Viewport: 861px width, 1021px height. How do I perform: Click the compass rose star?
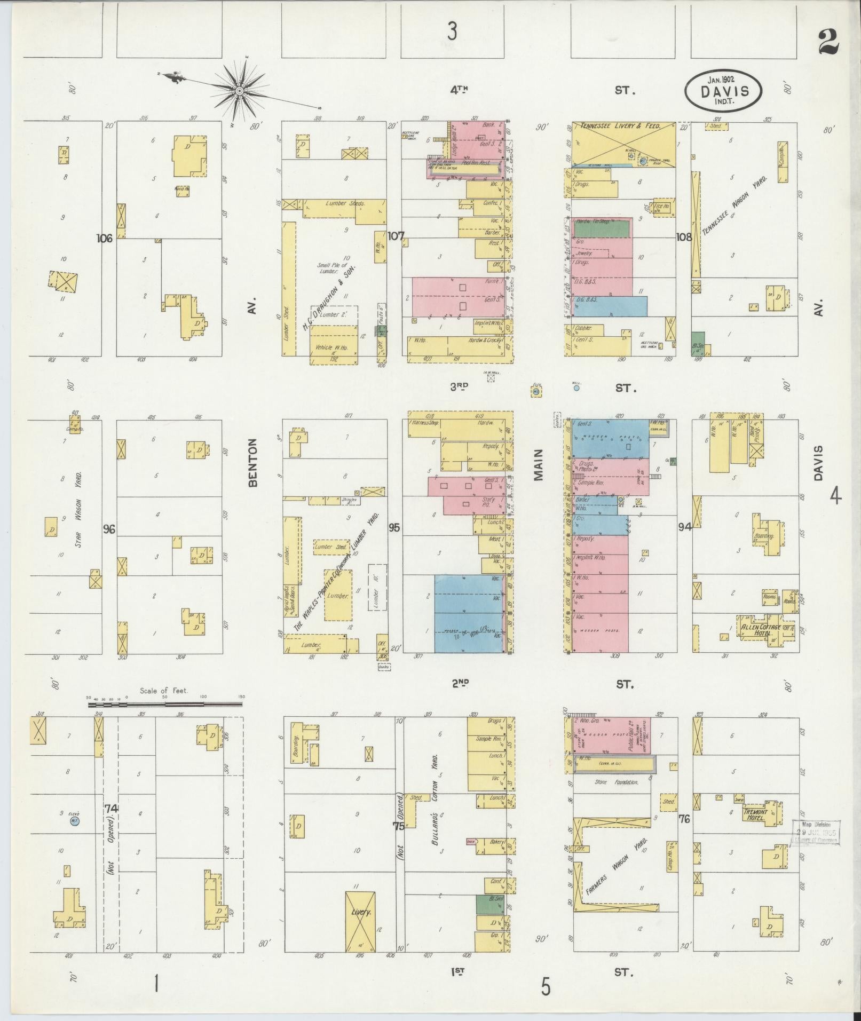click(x=240, y=91)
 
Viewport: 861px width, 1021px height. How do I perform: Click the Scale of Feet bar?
click(x=165, y=705)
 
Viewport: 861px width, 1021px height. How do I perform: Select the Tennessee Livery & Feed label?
click(x=623, y=126)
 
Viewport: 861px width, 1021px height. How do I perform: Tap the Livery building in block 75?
click(x=360, y=913)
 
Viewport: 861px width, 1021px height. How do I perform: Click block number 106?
click(x=104, y=239)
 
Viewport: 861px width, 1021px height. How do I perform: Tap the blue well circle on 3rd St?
click(x=576, y=389)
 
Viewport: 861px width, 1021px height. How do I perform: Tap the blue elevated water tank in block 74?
click(x=75, y=822)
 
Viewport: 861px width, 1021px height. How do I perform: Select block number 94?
click(x=685, y=527)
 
